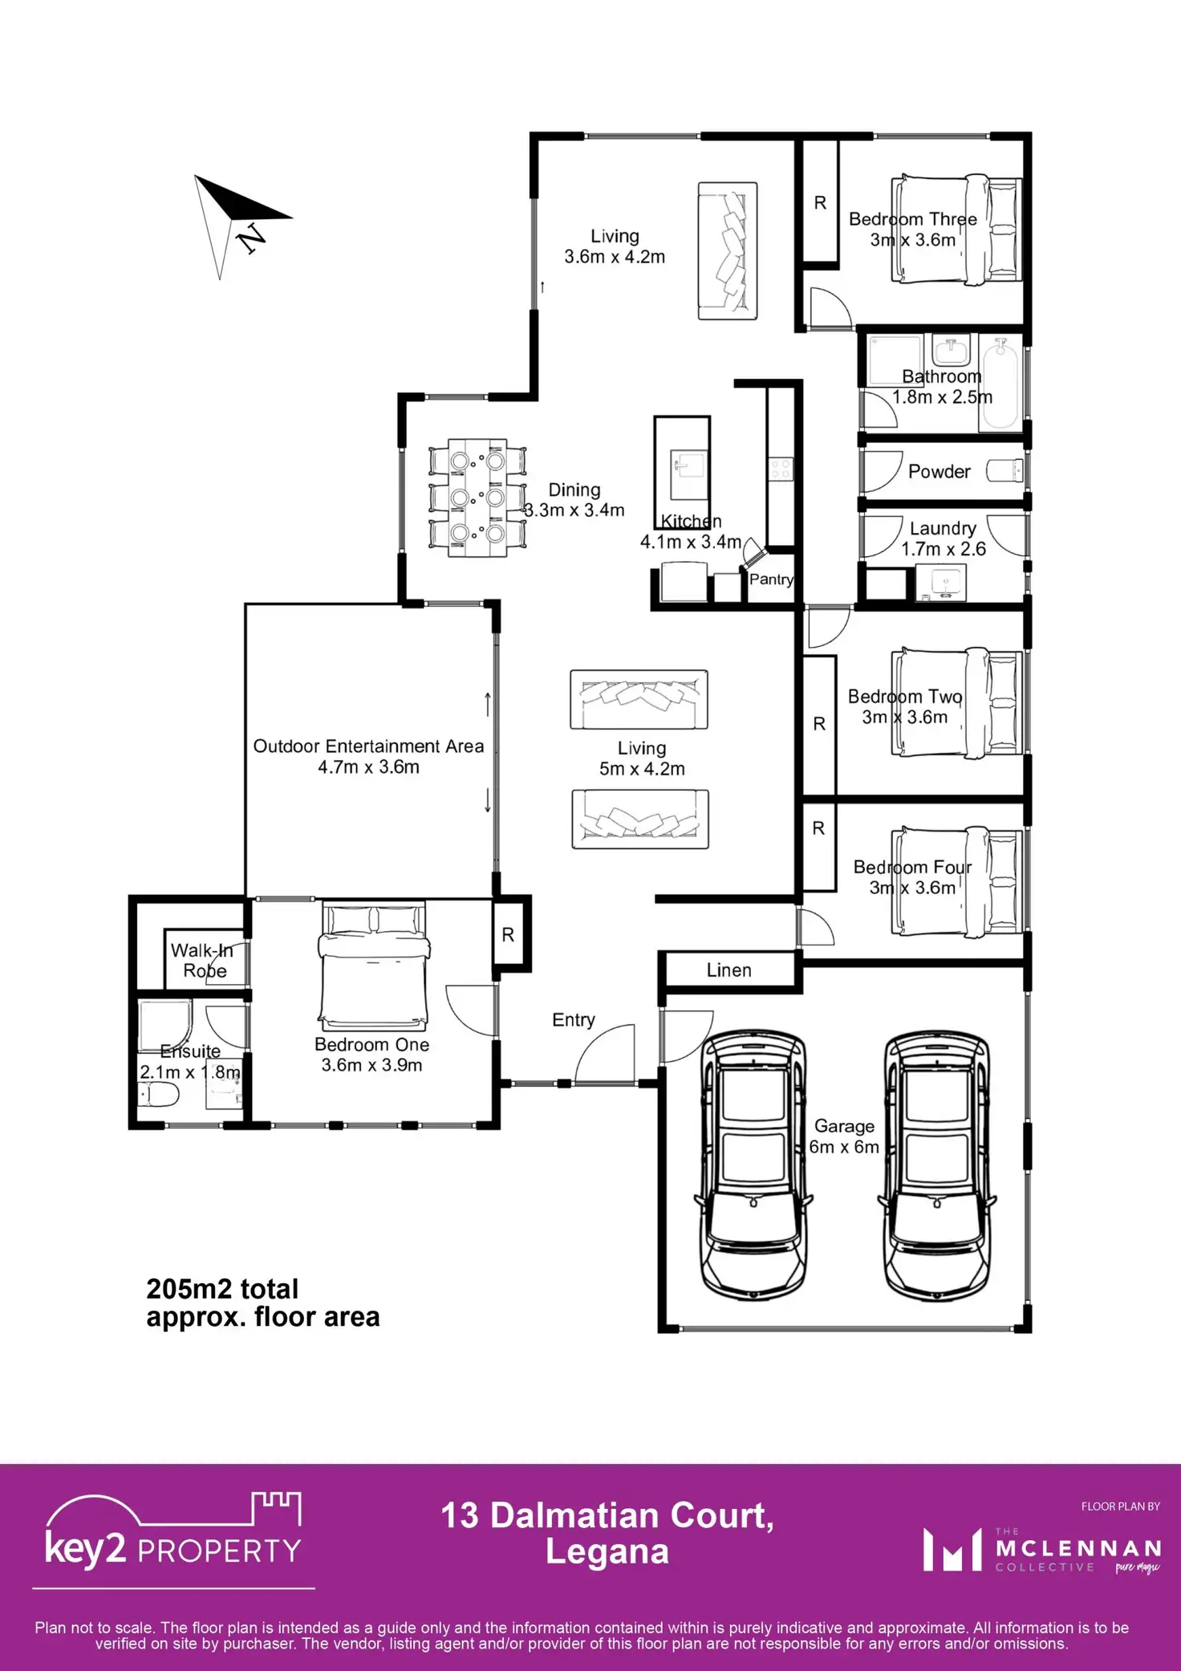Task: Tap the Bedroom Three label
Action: (x=913, y=219)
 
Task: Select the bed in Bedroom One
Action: (x=374, y=966)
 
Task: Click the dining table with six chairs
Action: (x=477, y=498)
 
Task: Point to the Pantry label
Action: (x=771, y=579)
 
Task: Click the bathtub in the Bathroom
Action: (x=1000, y=384)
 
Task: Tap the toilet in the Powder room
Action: (x=1004, y=470)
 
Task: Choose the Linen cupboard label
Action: (x=729, y=970)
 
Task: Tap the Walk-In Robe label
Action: (x=202, y=961)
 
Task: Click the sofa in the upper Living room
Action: (x=728, y=251)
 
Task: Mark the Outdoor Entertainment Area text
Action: (x=369, y=746)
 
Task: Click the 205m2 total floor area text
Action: (x=263, y=1303)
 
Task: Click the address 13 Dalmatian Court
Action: (x=607, y=1516)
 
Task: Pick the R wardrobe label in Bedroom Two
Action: (x=819, y=724)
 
